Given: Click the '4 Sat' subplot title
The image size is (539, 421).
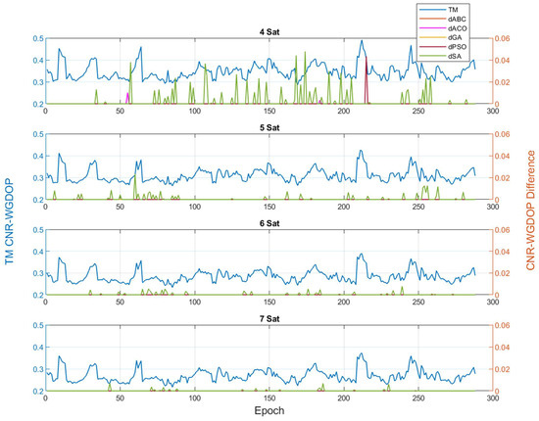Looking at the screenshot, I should tap(269, 31).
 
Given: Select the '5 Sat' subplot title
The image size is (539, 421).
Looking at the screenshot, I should tap(269, 127).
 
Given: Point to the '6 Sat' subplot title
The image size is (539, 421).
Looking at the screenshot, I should tap(269, 223).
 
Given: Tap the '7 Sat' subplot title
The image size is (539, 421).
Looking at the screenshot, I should tap(269, 319).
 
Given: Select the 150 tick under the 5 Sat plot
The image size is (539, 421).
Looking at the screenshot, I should tap(269, 207).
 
